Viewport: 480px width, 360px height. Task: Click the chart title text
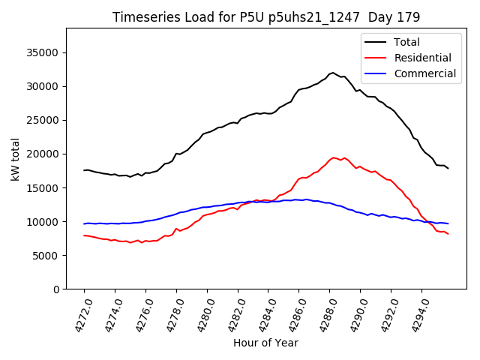pos(266,16)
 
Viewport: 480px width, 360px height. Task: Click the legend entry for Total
pos(406,43)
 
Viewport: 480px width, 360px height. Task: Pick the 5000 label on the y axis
pos(47,256)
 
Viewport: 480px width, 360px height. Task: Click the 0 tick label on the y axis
pos(56,289)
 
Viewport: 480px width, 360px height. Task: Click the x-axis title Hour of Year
pos(265,343)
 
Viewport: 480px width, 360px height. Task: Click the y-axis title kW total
pos(15,159)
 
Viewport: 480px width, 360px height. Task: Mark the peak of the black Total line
pos(333,73)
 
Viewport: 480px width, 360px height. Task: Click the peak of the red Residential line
pos(333,157)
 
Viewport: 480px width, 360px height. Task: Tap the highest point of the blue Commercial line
pos(306,199)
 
